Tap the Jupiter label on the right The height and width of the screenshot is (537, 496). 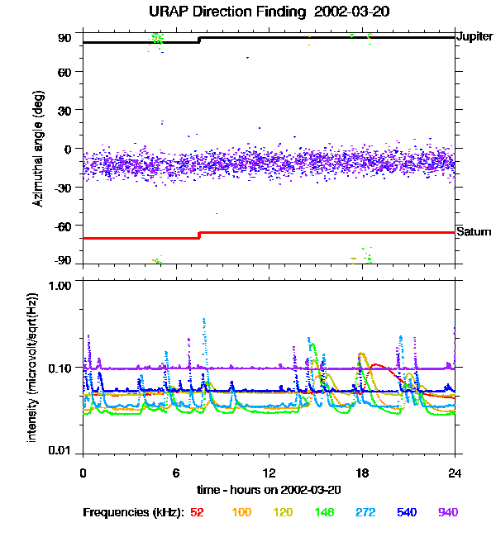click(x=475, y=37)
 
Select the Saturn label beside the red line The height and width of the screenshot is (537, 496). click(x=475, y=232)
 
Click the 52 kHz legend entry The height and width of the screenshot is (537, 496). click(x=197, y=512)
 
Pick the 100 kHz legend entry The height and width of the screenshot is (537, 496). click(x=241, y=512)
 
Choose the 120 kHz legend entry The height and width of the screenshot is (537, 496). click(x=283, y=512)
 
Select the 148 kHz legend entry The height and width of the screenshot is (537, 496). click(x=324, y=512)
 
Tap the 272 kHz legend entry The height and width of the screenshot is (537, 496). click(x=365, y=512)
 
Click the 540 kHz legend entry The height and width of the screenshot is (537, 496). click(x=407, y=512)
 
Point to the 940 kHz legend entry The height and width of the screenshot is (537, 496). click(x=448, y=512)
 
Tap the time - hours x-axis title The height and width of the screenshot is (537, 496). click(x=269, y=491)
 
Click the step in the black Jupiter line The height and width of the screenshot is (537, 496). click(x=199, y=40)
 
